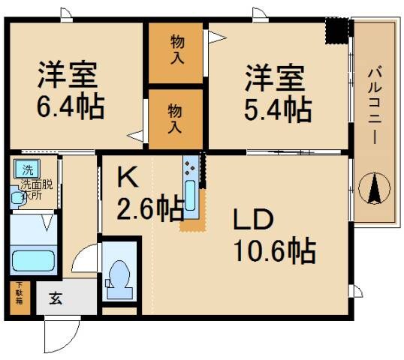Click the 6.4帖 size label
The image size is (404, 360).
pos(71,106)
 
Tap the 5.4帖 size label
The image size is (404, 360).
pos(278,108)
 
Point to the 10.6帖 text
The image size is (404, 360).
pos(274,250)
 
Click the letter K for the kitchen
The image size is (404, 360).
pos(126,178)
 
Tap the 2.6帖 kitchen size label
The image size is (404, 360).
pos(149,207)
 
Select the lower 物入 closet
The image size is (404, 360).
pos(175,118)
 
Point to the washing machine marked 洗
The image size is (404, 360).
pos(27,169)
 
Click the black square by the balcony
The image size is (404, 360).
pos(337,31)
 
